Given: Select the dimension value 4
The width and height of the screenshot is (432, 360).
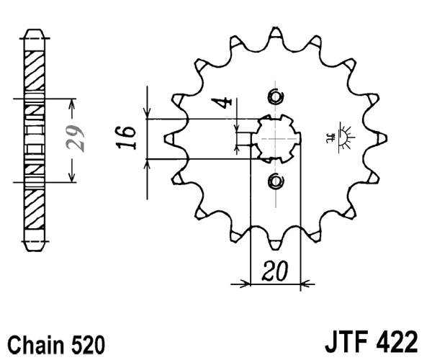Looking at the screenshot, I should (228, 102).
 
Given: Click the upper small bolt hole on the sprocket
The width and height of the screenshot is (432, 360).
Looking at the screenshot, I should (274, 96).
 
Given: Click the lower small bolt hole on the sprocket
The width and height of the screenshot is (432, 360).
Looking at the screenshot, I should (274, 180).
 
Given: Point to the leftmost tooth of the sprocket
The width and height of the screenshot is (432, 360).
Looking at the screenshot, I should (170, 138).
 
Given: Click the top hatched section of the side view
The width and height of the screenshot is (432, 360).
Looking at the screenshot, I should (34, 68).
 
